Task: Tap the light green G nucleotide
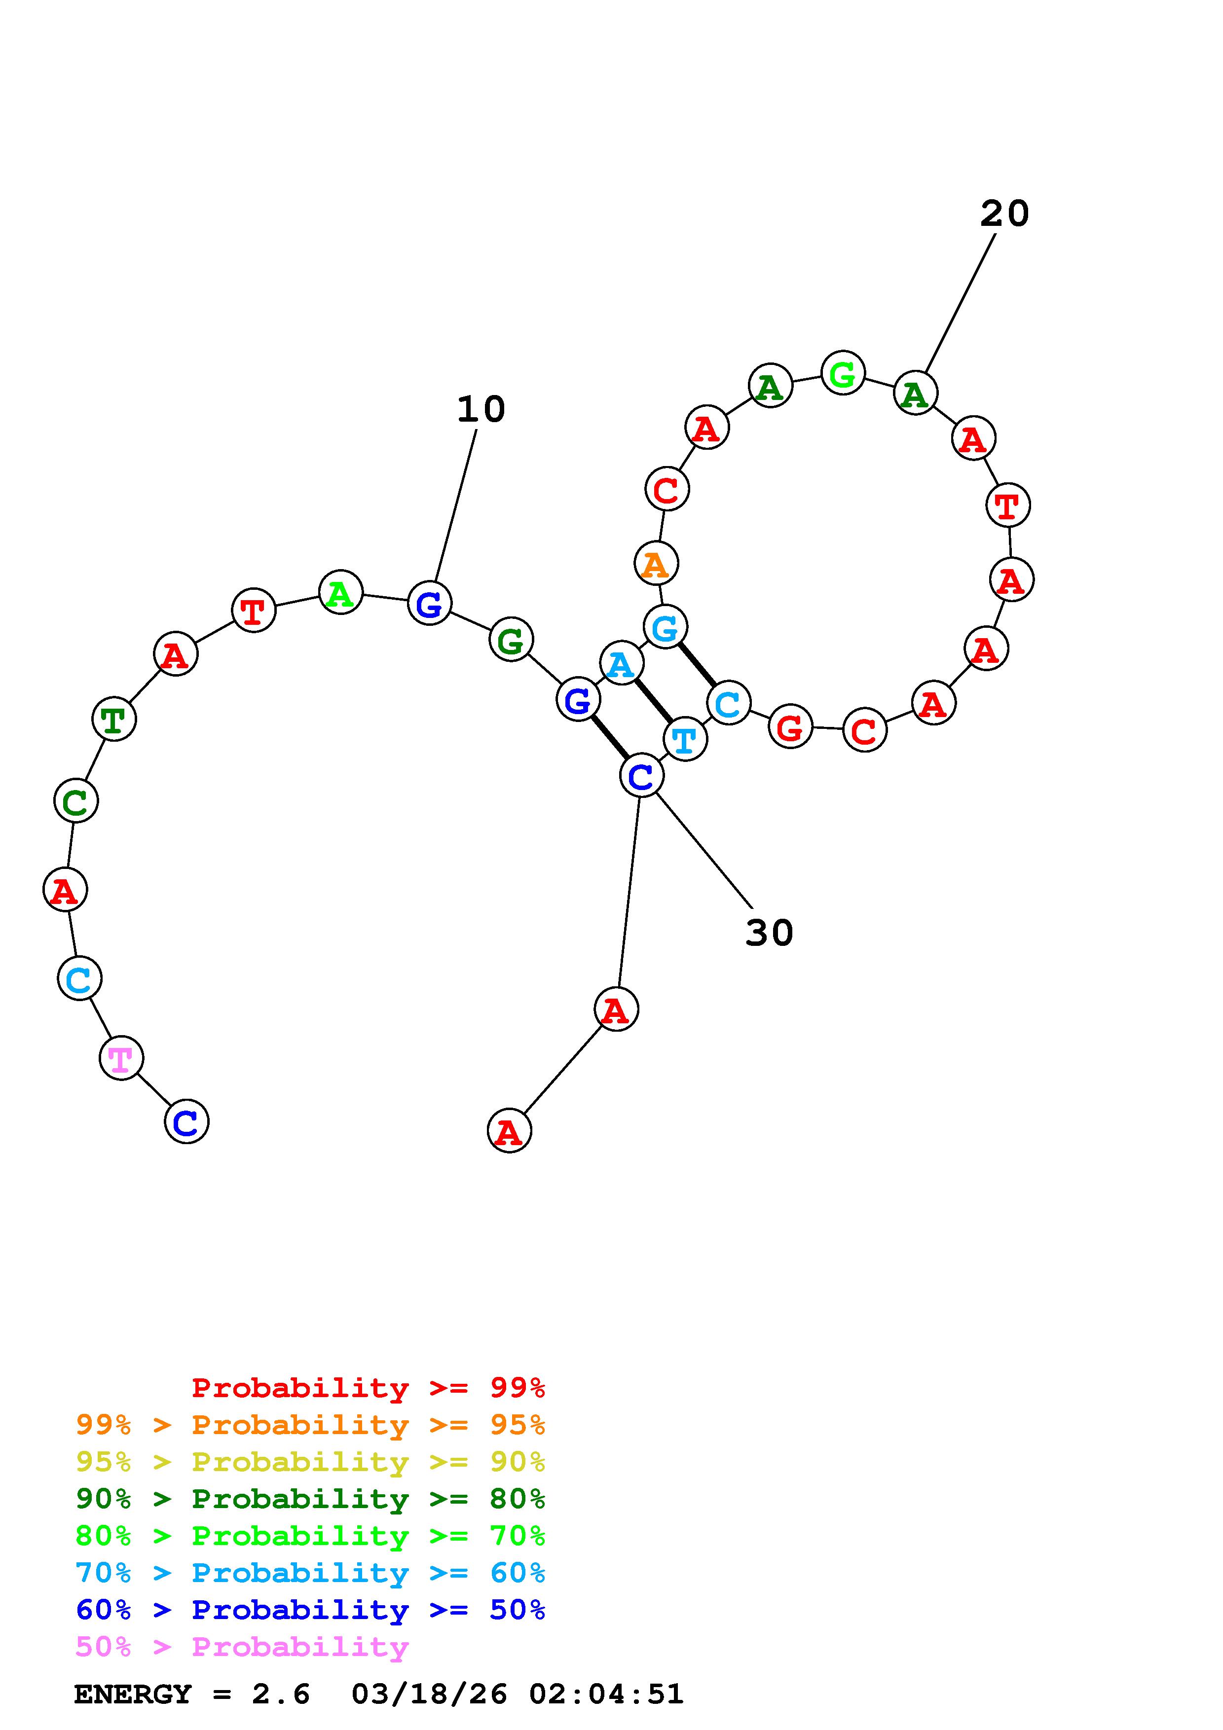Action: pos(843,372)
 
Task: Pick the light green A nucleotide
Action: pos(340,592)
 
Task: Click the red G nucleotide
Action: pos(790,727)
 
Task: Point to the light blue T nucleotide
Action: pos(685,739)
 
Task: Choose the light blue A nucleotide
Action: pos(621,663)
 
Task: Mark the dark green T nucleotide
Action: pos(114,719)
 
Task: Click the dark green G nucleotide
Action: pos(511,640)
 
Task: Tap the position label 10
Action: pos(481,409)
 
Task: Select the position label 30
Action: pos(769,933)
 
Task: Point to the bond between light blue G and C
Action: pos(697,665)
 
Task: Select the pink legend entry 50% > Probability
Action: pos(242,1647)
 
